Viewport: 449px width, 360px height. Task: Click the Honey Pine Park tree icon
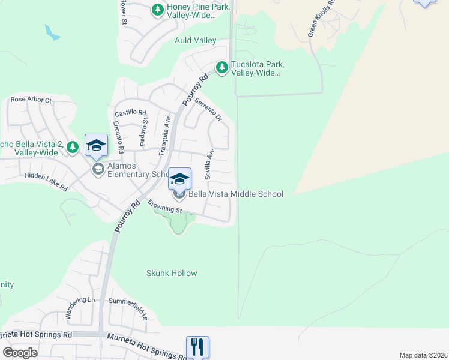[x=157, y=10]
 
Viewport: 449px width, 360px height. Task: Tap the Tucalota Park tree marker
[x=222, y=68]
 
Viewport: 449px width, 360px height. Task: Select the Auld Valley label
[x=195, y=40]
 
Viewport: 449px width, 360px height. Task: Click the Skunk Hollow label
[x=172, y=273]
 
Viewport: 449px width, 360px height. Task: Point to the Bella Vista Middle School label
[x=236, y=194]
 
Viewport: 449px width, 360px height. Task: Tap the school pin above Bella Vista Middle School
[x=179, y=178]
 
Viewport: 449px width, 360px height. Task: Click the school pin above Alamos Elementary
[x=96, y=145]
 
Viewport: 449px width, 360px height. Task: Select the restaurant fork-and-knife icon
[x=197, y=346]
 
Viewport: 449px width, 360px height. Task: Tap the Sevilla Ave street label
[x=209, y=164]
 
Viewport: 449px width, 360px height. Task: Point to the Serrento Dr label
[x=208, y=109]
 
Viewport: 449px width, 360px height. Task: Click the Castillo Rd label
[x=130, y=112]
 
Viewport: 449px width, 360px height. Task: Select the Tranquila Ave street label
[x=164, y=136]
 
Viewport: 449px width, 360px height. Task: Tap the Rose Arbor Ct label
[x=31, y=100]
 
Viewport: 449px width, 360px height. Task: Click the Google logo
[x=20, y=353]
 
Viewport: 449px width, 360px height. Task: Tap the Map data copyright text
[x=423, y=355]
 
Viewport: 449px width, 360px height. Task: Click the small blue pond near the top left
[x=52, y=33]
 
